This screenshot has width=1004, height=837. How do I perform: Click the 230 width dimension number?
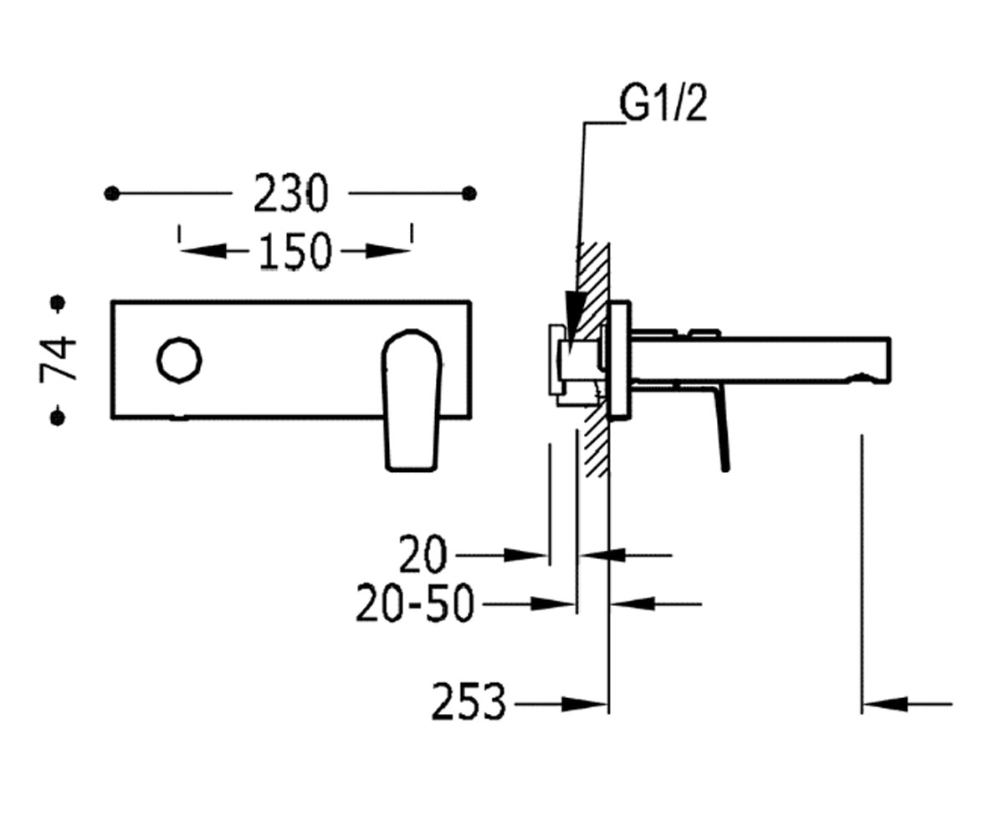click(x=290, y=193)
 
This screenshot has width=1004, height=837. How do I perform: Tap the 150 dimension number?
click(x=295, y=252)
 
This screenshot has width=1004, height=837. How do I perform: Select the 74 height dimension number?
click(x=59, y=360)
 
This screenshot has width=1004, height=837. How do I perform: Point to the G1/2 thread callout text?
click(x=663, y=104)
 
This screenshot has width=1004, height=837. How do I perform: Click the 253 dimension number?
click(x=469, y=705)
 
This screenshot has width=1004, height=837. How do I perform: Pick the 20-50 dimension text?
click(x=415, y=603)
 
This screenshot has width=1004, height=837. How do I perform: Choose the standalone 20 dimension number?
click(x=423, y=555)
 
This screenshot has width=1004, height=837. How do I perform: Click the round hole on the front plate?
click(x=179, y=360)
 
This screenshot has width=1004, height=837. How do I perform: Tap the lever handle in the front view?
click(x=412, y=400)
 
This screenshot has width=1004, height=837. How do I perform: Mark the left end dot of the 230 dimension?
click(x=111, y=193)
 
